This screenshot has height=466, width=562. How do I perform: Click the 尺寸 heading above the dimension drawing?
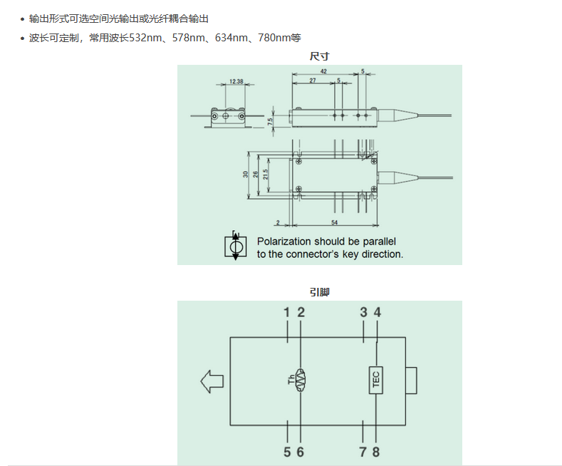(319, 56)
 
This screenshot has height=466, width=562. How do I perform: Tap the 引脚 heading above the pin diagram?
(319, 291)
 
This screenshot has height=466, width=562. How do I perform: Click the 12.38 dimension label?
(236, 82)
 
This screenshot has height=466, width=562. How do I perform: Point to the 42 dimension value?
(323, 72)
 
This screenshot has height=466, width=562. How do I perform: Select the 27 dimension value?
(313, 81)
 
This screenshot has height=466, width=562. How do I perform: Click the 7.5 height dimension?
(271, 122)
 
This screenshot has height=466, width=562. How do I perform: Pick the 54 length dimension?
(334, 224)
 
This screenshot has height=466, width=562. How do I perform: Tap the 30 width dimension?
(246, 175)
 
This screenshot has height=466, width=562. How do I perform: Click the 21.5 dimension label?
(265, 175)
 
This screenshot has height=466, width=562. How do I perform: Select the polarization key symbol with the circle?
(235, 246)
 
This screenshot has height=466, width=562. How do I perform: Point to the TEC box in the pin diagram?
(376, 380)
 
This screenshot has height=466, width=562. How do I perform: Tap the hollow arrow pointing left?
(212, 380)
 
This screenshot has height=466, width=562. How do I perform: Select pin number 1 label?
(286, 312)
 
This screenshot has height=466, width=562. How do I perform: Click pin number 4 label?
(378, 312)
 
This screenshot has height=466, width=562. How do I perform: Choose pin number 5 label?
(286, 452)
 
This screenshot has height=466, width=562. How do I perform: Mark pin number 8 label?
(376, 452)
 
